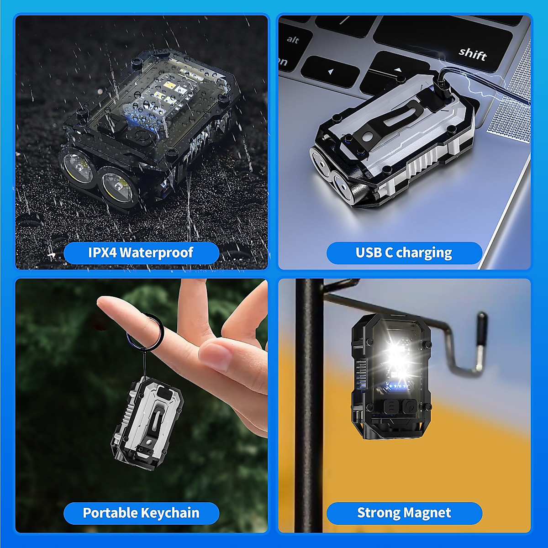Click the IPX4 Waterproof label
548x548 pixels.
click(141, 253)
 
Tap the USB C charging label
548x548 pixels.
click(404, 253)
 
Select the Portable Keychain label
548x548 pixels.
click(141, 513)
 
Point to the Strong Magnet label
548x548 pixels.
click(404, 513)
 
